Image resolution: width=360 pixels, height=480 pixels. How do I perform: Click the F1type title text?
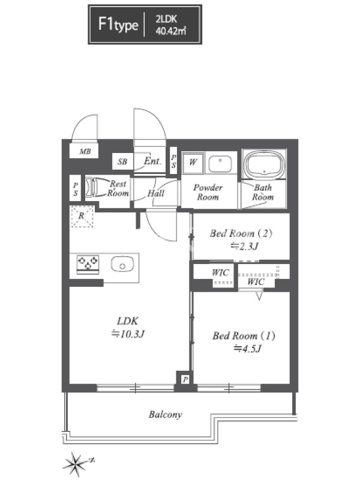(x=118, y=24)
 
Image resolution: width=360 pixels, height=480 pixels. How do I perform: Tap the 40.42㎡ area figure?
(x=171, y=31)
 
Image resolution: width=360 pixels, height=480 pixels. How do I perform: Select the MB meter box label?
(x=85, y=151)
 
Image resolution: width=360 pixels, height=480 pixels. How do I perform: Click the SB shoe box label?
(x=122, y=161)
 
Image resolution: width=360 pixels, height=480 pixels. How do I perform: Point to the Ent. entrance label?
(x=152, y=161)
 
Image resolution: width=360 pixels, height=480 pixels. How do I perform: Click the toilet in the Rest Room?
(x=92, y=187)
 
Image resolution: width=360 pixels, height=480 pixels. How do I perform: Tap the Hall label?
(x=156, y=193)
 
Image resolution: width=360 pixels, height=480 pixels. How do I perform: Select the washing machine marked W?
(x=193, y=162)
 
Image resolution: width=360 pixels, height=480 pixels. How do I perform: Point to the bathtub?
(x=264, y=165)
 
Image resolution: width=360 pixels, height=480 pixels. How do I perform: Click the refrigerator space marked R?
(x=82, y=216)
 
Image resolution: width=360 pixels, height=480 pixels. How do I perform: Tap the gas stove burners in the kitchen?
(x=88, y=263)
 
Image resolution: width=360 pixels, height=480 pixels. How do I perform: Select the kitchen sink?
(x=122, y=265)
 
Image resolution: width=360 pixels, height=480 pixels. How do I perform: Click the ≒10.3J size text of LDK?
(x=128, y=334)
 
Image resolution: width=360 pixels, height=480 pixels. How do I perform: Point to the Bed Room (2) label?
(x=241, y=233)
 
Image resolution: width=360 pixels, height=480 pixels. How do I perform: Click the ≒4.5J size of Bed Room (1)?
(x=247, y=349)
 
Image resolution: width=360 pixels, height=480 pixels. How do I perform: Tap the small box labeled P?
(x=185, y=380)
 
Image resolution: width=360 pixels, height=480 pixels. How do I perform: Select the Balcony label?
(x=166, y=415)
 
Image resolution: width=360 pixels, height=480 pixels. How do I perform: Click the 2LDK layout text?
(x=166, y=19)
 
